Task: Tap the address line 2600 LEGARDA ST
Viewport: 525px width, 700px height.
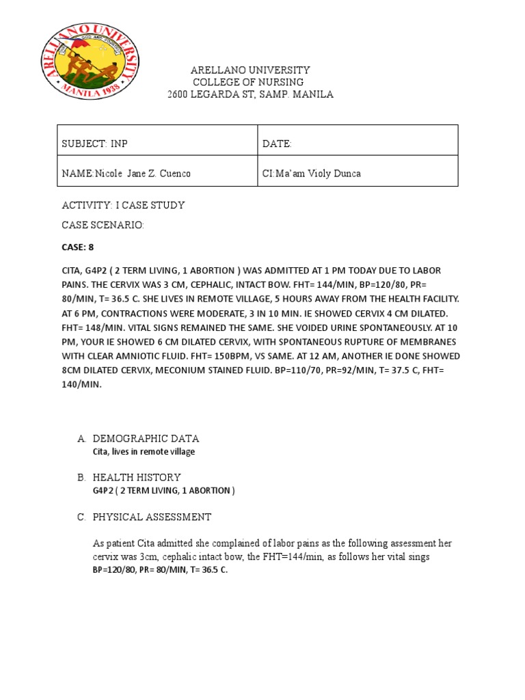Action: (x=251, y=94)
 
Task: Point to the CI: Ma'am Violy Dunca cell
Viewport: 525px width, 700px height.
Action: (x=311, y=174)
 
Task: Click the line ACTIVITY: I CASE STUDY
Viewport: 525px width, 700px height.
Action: (x=123, y=205)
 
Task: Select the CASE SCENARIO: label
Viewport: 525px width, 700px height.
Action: (x=103, y=225)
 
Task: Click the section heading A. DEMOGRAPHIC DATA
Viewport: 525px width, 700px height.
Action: (x=146, y=438)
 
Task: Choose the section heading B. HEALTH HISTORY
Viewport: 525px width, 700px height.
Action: (x=137, y=477)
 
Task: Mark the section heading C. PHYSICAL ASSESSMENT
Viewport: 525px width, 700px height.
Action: (x=152, y=517)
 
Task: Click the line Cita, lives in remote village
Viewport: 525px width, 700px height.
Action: (x=144, y=452)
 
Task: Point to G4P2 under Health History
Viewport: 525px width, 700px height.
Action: (x=103, y=491)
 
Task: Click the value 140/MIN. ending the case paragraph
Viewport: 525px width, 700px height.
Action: (x=81, y=385)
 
